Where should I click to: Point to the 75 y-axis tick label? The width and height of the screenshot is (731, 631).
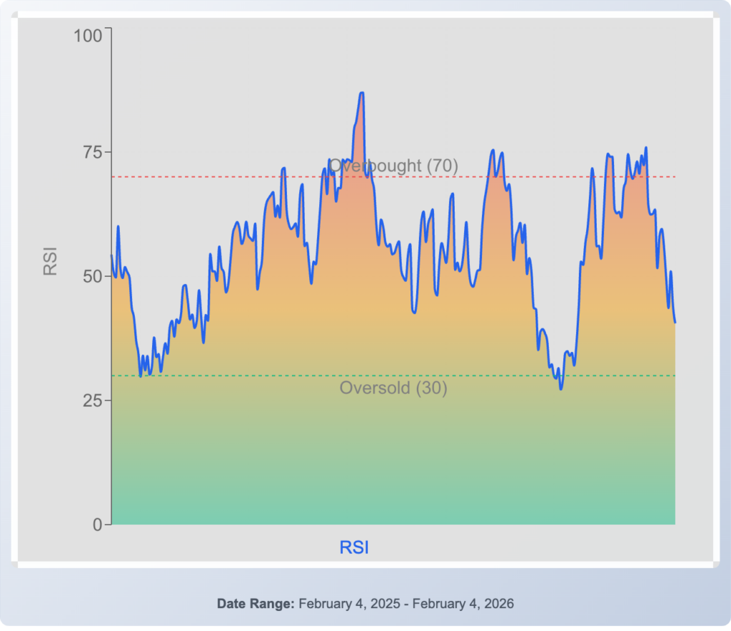coord(93,152)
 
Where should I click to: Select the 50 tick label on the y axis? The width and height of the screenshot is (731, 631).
coord(93,276)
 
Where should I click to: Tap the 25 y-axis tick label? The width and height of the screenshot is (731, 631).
coord(93,400)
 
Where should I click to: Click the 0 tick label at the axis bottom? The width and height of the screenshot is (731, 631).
coord(98,525)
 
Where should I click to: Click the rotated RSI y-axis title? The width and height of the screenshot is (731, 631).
coord(50,261)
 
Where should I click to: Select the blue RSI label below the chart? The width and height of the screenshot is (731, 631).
coord(354,547)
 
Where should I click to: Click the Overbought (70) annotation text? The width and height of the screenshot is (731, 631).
coord(393,166)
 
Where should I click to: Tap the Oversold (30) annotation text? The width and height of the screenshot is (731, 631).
coord(393,388)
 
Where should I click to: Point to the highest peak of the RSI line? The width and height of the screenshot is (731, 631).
coord(362,93)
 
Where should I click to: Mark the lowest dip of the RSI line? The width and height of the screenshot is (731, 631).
coord(561,389)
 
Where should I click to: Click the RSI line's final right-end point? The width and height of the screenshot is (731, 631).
coord(675,322)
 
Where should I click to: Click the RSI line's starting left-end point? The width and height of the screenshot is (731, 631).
coord(111,256)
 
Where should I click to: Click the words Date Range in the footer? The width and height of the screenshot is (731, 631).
coord(256,604)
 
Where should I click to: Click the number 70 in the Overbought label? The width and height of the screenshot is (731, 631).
coord(442,166)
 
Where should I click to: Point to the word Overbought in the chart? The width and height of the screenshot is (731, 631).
coord(375,166)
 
